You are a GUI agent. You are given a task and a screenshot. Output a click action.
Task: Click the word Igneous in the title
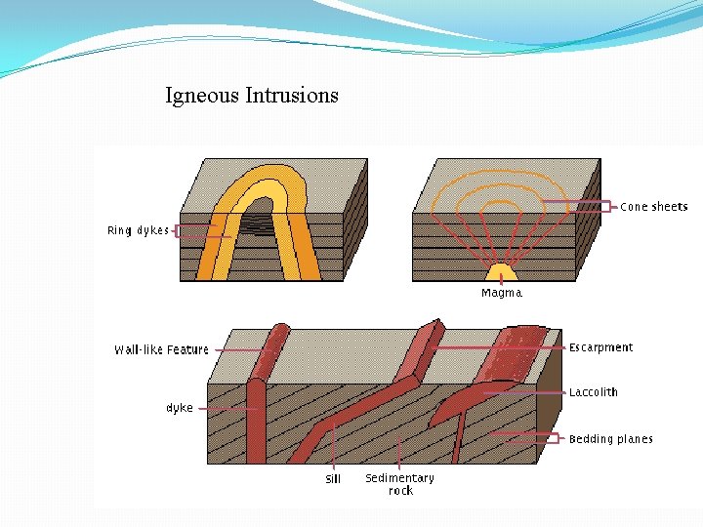pos(202,96)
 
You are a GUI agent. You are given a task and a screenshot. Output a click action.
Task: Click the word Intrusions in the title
pos(292,95)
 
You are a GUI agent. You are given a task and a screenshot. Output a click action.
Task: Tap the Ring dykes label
pos(138,231)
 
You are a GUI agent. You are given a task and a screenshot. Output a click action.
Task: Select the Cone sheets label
pos(654,207)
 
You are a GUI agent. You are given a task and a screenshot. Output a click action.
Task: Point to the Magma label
pos(501,293)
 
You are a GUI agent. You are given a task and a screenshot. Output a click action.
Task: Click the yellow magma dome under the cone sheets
pos(502,273)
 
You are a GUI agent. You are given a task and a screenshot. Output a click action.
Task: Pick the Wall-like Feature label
pos(161,349)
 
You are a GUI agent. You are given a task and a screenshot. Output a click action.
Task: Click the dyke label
pos(180,408)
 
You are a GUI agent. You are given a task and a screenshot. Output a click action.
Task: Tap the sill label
pos(333,479)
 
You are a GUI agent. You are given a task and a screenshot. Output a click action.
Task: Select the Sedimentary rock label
pos(399,484)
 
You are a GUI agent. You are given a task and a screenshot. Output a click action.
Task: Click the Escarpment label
pos(600,347)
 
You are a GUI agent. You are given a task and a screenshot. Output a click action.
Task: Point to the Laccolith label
pos(594,392)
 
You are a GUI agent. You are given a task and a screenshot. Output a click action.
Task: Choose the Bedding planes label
pos(611,439)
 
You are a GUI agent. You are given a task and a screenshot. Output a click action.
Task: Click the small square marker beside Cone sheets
pos(605,207)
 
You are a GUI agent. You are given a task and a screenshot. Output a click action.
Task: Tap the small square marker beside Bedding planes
pos(553,439)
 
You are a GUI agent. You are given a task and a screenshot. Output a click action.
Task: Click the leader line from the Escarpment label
pos(498,347)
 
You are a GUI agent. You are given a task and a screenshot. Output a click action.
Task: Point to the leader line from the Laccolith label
pos(522,392)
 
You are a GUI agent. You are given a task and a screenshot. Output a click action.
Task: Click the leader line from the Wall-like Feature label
pos(238,349)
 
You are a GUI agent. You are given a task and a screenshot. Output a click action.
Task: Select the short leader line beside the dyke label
pos(203,409)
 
